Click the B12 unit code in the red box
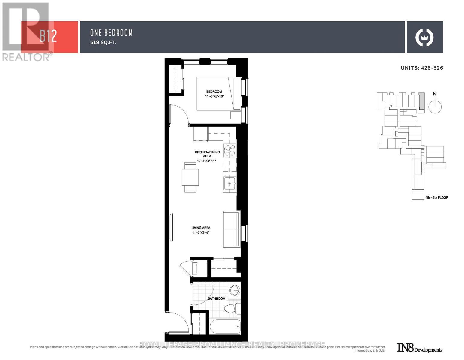pos(48,37)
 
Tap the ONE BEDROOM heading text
pos(111,33)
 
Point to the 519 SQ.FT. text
pos(103,42)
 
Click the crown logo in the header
pos(424,37)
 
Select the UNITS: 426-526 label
pos(422,68)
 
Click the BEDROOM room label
pos(214,92)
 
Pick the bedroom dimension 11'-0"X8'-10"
pos(214,96)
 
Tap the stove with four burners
pos(230,150)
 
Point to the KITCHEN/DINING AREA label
pos(207,154)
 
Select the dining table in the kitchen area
pos(190,177)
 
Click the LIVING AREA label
pos(201,228)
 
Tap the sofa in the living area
pos(231,229)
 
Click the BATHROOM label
pos(217,298)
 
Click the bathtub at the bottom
pos(225,327)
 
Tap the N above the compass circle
pos(435,94)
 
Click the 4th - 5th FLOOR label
pos(436,198)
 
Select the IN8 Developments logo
pos(420,348)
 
